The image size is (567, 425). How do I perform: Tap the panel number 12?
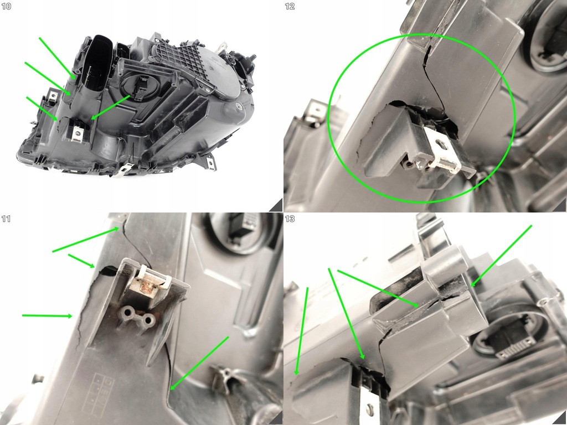coord(290,6)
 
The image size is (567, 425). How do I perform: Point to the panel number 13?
coord(290,219)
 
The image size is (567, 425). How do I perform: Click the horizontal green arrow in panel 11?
coord(47,316)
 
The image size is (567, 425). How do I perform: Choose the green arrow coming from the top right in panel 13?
coord(501,255)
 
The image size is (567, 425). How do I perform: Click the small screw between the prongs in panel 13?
coord(369,410)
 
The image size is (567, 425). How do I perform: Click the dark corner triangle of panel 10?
coord(276,205)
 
